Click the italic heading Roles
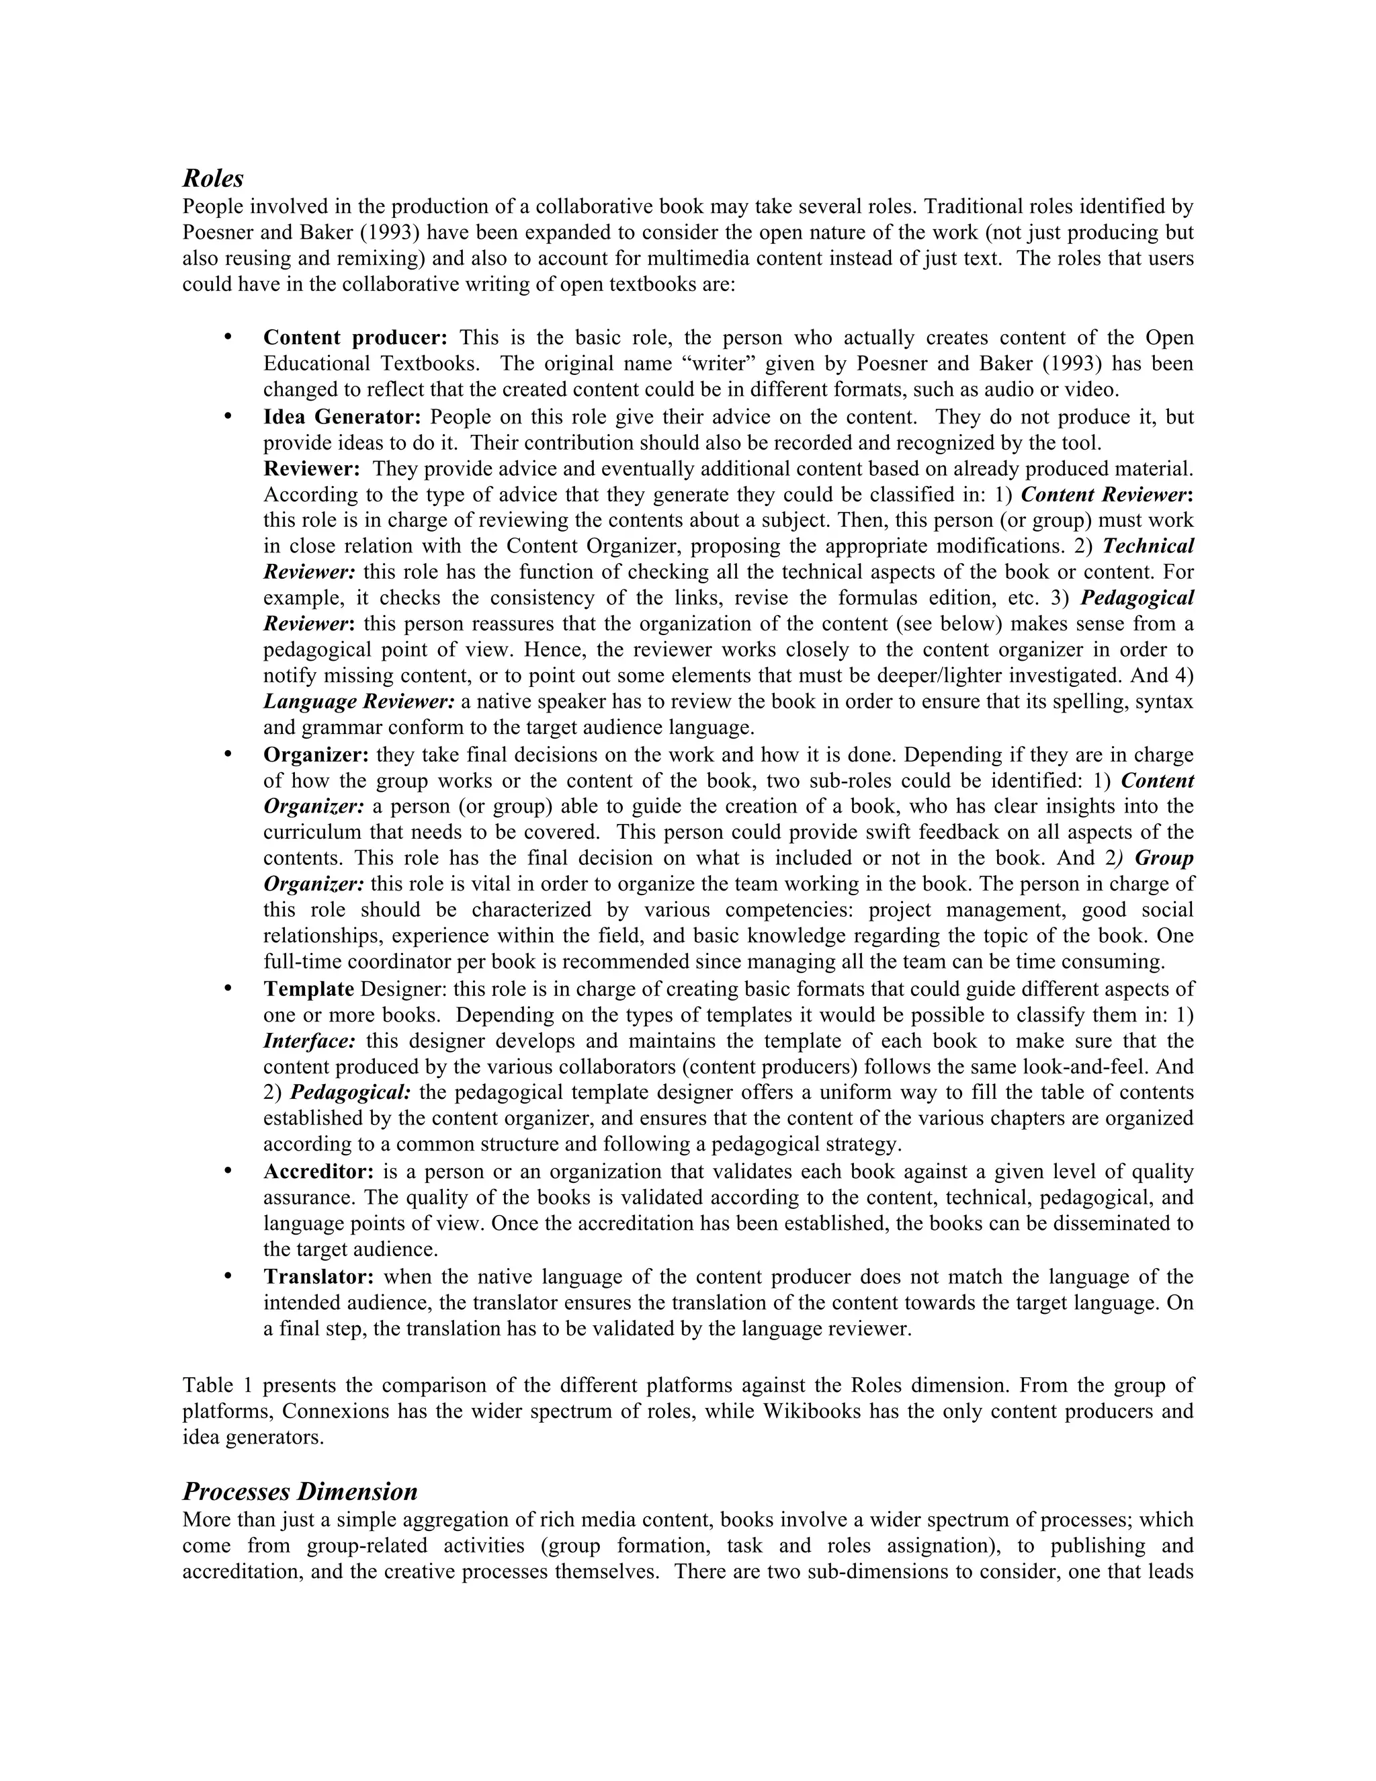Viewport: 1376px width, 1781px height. (213, 179)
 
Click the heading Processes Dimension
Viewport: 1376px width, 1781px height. (299, 1491)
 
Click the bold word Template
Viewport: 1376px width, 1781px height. (308, 989)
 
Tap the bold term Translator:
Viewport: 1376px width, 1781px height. (318, 1276)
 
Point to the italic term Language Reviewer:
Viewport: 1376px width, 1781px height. (359, 701)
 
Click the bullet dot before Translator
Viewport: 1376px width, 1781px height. (228, 1276)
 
